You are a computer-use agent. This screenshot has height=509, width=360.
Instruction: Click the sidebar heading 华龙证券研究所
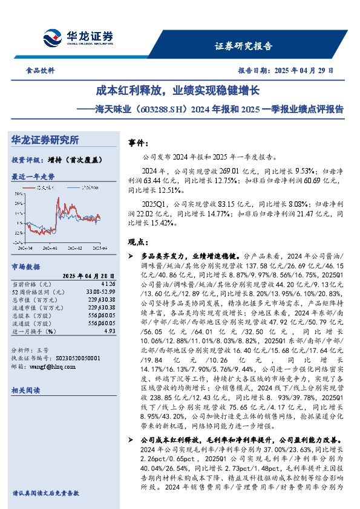coord(45,140)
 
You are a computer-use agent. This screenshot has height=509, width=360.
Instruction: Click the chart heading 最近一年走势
coord(33,177)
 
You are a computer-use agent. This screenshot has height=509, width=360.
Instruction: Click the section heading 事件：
coord(139,143)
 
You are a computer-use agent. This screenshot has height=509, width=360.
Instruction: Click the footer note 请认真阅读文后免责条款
coord(46,493)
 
